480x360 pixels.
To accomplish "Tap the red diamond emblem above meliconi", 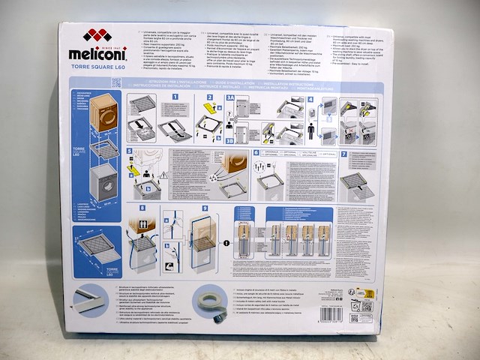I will [97, 35].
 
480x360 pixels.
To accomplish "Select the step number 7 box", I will [343, 154].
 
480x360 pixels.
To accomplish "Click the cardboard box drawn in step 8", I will [144, 226].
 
